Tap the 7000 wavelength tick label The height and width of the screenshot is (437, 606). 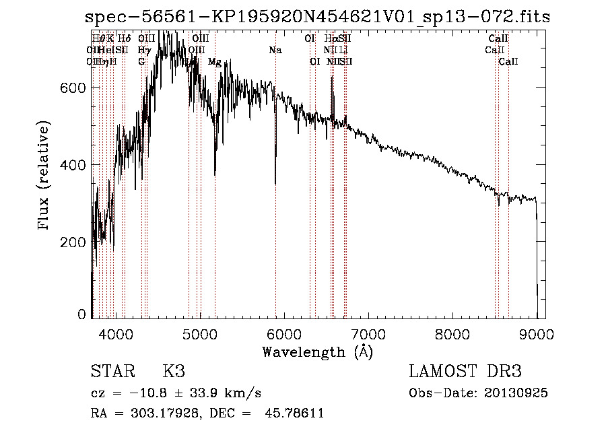click(x=368, y=333)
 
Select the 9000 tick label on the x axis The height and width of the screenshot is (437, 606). click(x=537, y=333)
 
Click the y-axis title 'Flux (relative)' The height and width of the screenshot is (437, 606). click(x=45, y=176)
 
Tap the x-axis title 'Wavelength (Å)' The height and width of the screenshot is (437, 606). click(x=317, y=351)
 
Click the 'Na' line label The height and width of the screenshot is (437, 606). click(x=275, y=50)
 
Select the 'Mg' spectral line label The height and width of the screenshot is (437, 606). click(x=215, y=61)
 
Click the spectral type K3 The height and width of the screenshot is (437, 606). click(x=174, y=372)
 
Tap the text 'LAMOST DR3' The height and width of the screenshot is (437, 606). click(x=465, y=372)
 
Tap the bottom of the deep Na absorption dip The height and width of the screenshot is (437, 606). click(x=275, y=183)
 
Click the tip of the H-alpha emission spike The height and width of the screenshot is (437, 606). click(x=332, y=77)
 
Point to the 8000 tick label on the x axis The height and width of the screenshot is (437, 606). click(x=452, y=333)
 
